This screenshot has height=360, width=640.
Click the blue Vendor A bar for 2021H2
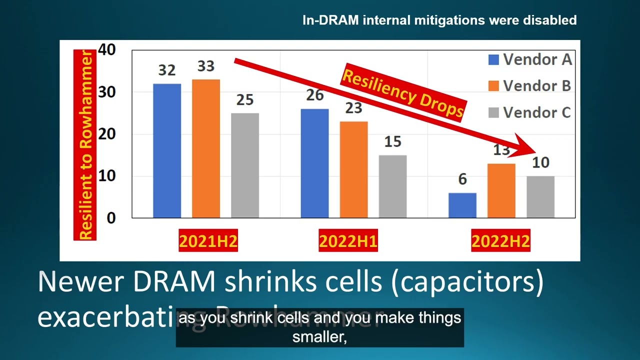pyautogui.click(x=167, y=150)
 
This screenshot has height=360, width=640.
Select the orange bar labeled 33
pyautogui.click(x=206, y=148)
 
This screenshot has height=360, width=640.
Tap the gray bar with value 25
pyautogui.click(x=245, y=165)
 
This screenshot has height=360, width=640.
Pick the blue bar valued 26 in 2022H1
pyautogui.click(x=314, y=163)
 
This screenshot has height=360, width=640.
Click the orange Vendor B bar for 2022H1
pyautogui.click(x=353, y=169)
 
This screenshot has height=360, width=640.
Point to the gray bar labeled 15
pyautogui.click(x=392, y=186)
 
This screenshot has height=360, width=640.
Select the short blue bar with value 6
pyautogui.click(x=462, y=205)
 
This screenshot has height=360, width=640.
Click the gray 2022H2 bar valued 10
pyautogui.click(x=540, y=197)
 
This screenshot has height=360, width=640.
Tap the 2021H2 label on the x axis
pyautogui.click(x=208, y=242)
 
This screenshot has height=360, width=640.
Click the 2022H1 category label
pyautogui.click(x=348, y=242)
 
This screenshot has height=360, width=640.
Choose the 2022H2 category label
pyautogui.click(x=500, y=242)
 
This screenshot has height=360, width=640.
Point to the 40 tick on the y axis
pyautogui.click(x=107, y=49)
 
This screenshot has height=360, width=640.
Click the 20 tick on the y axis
pyautogui.click(x=107, y=134)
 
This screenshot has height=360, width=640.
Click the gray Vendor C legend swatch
pyautogui.click(x=493, y=113)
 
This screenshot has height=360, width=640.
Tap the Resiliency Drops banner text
pyautogui.click(x=403, y=93)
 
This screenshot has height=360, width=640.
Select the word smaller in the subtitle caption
pyautogui.click(x=320, y=337)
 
